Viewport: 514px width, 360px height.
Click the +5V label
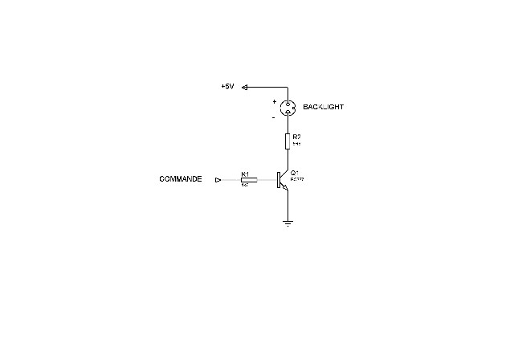[x=226, y=87]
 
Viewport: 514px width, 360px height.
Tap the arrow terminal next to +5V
[x=245, y=87]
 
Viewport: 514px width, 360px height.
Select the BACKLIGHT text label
[x=324, y=107]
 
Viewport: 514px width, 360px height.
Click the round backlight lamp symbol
[x=288, y=106]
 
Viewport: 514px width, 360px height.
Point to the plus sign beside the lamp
[x=274, y=102]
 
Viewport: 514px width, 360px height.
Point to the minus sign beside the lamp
[x=274, y=117]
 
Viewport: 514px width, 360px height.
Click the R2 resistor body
[x=288, y=141]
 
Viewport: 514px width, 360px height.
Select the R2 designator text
[x=297, y=137]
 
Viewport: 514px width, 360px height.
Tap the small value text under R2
[x=296, y=144]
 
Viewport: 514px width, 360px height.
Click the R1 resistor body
[x=249, y=180]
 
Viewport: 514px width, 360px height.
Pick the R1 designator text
[x=246, y=174]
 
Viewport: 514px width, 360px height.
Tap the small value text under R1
[x=245, y=186]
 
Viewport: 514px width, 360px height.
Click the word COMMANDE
[x=181, y=180]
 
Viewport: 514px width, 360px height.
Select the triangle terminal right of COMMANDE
[x=218, y=180]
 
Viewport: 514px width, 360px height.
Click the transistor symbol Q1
[x=282, y=180]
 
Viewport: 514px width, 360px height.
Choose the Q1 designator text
[x=296, y=173]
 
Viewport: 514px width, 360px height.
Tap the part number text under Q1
[x=298, y=179]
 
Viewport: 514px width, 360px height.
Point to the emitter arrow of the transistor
[x=285, y=188]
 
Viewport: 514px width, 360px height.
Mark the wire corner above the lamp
[x=288, y=87]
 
